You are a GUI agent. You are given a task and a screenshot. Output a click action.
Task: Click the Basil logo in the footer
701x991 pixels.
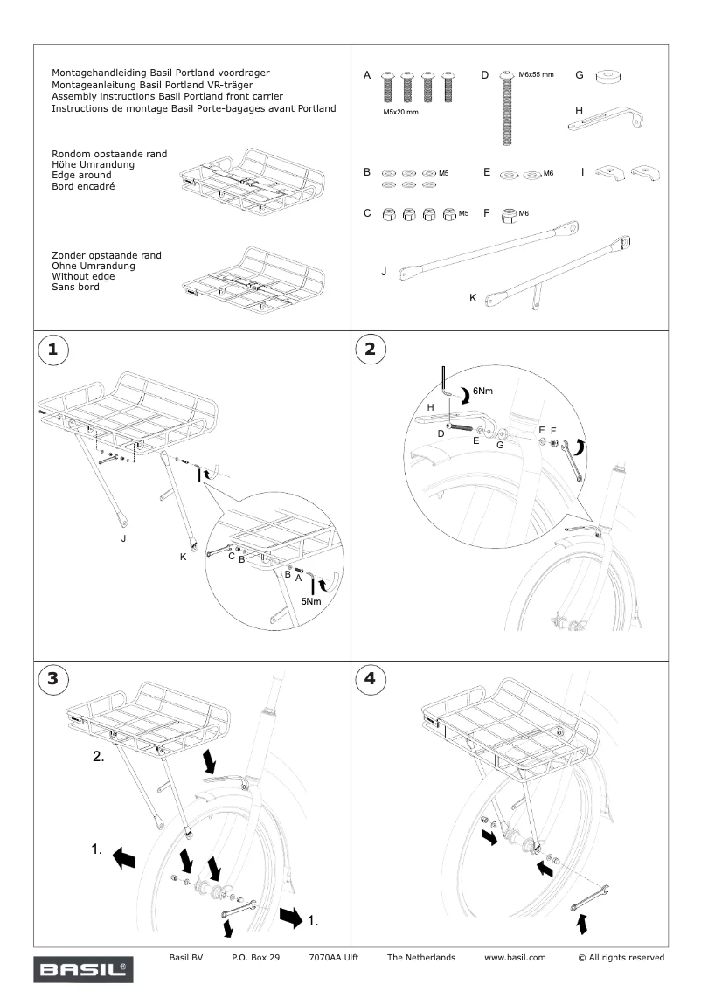(x=83, y=968)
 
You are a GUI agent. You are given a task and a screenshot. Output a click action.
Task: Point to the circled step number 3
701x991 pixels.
(x=53, y=678)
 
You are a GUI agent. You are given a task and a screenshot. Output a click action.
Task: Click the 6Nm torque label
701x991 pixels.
(x=484, y=391)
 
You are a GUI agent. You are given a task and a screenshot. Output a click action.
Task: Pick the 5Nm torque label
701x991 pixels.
(x=312, y=601)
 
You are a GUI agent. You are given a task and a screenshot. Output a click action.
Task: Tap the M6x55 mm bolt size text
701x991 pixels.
(x=536, y=75)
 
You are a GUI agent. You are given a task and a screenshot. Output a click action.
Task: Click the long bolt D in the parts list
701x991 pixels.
(x=504, y=108)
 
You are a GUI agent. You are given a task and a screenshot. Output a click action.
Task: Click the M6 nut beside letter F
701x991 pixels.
(x=508, y=212)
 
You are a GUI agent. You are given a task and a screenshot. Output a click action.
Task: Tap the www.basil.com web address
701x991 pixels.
(x=515, y=958)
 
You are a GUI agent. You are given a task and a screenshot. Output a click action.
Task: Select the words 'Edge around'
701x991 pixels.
(x=82, y=176)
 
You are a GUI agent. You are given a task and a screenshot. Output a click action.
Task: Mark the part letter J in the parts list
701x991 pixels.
(x=384, y=272)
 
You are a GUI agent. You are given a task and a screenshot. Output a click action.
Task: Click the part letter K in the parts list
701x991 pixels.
(x=473, y=298)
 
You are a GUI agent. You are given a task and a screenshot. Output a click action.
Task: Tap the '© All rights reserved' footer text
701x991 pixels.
(x=621, y=958)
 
